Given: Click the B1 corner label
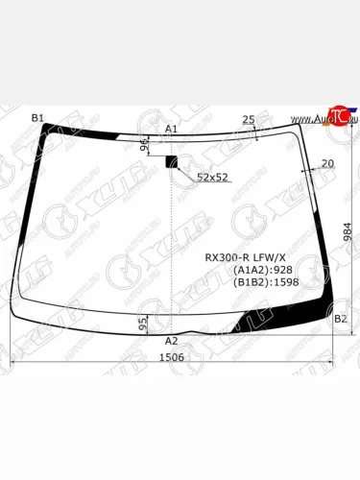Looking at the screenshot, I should point(37,118).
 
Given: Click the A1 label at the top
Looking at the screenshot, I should point(171,129).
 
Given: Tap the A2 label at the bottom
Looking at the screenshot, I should point(171,341).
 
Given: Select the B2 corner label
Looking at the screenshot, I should point(340,320).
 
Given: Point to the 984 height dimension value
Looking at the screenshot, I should point(348,233).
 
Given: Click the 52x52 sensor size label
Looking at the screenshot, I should point(212,178).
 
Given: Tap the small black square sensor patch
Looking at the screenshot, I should point(173,160).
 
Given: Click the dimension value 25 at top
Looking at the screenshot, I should point(248,120).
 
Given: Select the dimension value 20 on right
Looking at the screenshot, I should point(327,163).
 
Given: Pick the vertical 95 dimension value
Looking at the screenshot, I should point(142,324).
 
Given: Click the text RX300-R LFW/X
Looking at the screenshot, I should point(246,257).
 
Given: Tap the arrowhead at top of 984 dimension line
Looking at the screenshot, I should point(337,126).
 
